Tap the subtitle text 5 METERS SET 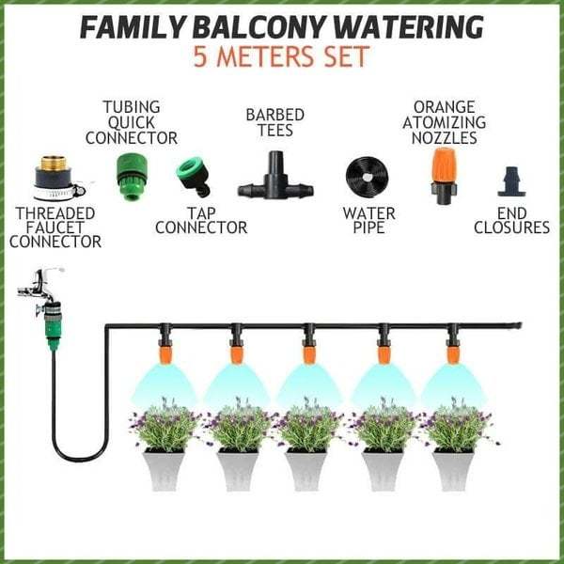click(x=281, y=59)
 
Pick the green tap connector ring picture click(x=193, y=177)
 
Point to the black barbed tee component click(x=275, y=178)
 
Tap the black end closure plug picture click(x=510, y=181)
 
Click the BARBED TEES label click(x=274, y=123)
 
